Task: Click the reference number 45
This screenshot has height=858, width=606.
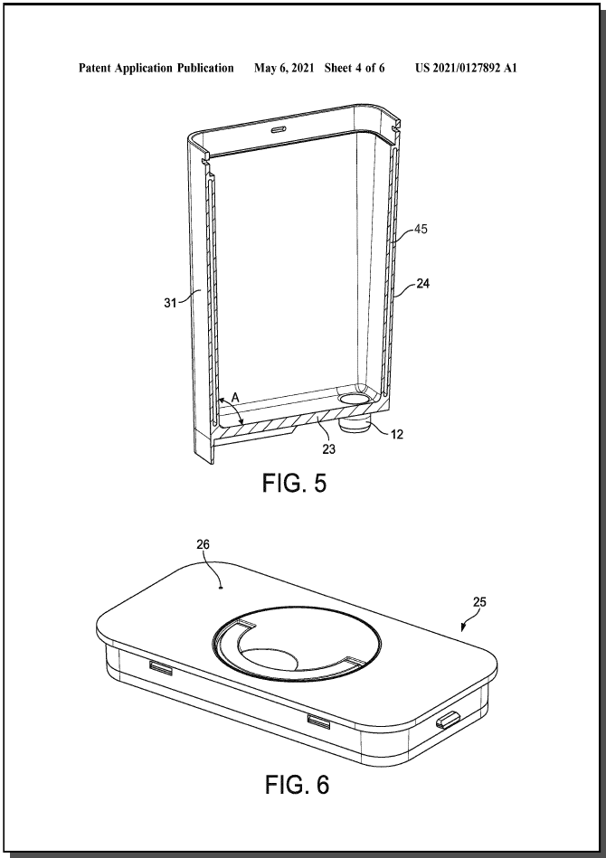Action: (421, 230)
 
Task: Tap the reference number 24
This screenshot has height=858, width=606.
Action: (422, 284)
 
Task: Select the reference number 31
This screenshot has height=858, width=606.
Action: (170, 302)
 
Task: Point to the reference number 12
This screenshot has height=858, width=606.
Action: (397, 435)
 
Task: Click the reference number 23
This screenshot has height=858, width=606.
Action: (328, 449)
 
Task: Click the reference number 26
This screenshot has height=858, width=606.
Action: (204, 544)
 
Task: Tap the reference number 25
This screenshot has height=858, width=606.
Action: (479, 602)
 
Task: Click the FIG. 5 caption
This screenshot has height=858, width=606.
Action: (294, 483)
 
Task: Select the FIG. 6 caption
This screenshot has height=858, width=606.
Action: (298, 785)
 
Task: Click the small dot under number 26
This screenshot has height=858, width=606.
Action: (220, 589)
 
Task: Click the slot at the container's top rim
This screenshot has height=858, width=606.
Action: (278, 128)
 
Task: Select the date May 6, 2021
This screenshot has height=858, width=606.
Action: (284, 68)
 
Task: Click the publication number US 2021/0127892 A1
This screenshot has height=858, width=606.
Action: (466, 68)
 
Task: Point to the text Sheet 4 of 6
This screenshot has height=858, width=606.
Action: (355, 68)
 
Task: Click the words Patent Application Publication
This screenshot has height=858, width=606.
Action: (156, 68)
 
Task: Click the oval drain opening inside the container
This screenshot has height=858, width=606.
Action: (354, 400)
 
